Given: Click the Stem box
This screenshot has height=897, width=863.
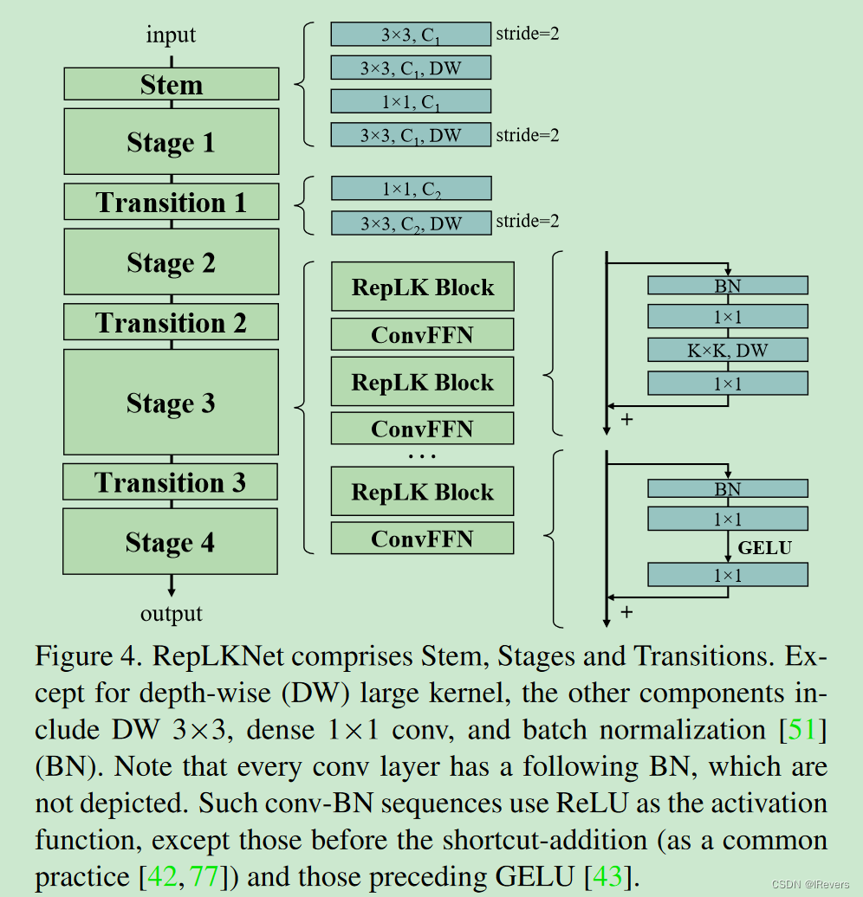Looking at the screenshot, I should [x=172, y=85].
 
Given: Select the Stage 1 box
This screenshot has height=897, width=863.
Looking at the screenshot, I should [x=172, y=142].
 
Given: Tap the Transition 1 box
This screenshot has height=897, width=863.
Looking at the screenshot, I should [x=172, y=202].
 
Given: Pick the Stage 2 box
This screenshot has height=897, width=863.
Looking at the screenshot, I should [x=172, y=261].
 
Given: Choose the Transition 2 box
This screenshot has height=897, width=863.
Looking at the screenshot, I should [x=172, y=322].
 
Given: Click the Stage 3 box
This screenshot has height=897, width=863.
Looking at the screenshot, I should [x=172, y=403].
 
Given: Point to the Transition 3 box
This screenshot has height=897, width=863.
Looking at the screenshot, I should [x=171, y=482].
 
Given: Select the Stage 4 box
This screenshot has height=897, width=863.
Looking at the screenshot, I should [x=171, y=542].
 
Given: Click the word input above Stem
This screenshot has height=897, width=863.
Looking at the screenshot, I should [x=171, y=35].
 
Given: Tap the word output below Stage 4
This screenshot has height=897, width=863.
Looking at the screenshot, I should [x=172, y=614].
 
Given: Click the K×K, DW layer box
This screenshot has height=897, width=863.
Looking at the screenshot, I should [x=728, y=350].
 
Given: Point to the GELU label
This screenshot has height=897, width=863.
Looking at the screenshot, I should [x=764, y=547].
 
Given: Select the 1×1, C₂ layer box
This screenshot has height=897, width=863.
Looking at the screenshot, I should [x=411, y=189].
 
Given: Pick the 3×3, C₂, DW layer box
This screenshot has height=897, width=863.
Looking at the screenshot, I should [x=411, y=223].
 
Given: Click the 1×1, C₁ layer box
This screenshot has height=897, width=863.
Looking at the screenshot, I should [x=411, y=101].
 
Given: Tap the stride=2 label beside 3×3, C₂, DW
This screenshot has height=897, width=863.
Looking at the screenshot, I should [x=527, y=222].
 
